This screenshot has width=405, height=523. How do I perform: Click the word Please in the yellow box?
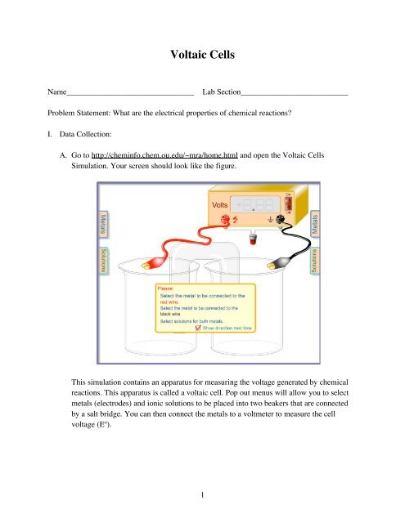pyautogui.click(x=167, y=288)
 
